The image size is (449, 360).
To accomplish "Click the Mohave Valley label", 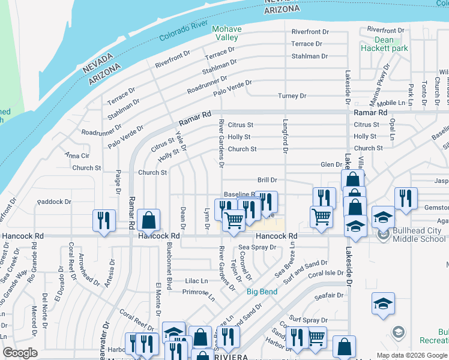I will [226, 33].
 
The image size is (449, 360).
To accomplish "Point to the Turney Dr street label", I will [292, 96].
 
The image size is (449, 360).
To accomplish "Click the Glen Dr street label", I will [331, 164].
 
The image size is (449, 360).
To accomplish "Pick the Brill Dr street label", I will [267, 180].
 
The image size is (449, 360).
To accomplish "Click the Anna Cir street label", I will [77, 155].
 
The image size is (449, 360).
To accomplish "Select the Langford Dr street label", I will [286, 135].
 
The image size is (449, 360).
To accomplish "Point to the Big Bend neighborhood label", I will [262, 292].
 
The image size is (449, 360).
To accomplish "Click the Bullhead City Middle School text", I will [419, 235].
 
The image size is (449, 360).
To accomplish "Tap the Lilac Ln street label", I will [196, 281].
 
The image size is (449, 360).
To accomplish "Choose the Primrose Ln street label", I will [199, 294].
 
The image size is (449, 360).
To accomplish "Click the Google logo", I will [20, 352].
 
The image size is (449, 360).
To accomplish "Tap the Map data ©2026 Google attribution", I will [412, 355].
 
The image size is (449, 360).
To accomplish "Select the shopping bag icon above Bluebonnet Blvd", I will [148, 220].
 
